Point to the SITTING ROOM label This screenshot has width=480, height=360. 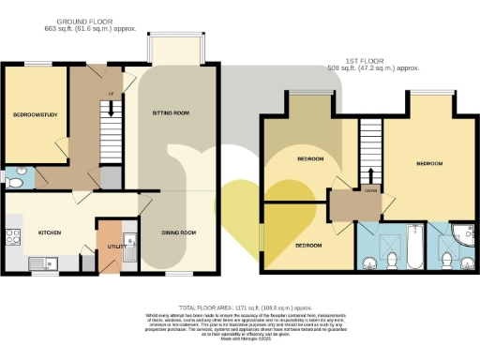[x=171, y=112]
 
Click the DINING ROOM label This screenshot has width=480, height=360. [x=176, y=232]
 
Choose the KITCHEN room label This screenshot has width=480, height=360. [x=49, y=231]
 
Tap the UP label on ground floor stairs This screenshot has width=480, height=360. [x=111, y=94]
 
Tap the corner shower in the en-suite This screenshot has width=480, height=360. [x=463, y=232]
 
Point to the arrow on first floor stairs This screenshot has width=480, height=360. [x=372, y=175]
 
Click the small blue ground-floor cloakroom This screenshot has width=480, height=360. [x=19, y=176]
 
